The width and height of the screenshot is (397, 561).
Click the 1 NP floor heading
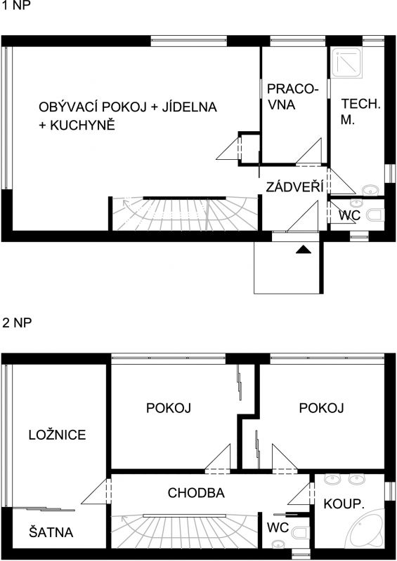pos(16,8)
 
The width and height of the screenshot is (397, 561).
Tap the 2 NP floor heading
pos(16,323)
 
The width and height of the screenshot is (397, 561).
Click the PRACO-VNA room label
pos(292,98)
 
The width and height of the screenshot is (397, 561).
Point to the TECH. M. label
pos(360,111)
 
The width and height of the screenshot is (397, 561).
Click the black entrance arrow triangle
pos(303,249)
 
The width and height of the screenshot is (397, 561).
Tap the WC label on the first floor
pos(349,216)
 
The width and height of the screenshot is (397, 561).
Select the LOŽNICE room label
pos(57,435)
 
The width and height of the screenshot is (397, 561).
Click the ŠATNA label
pos(51,532)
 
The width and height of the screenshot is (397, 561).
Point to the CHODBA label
pos(196,493)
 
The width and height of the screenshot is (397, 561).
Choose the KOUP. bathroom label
pos(343,503)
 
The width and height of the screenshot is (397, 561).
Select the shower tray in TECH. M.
pos(346,61)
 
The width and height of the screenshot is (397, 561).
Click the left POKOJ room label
pos(169,407)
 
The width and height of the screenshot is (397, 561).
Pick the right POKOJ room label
pos(321,407)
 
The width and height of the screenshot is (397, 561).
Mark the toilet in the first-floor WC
pos(376,214)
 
